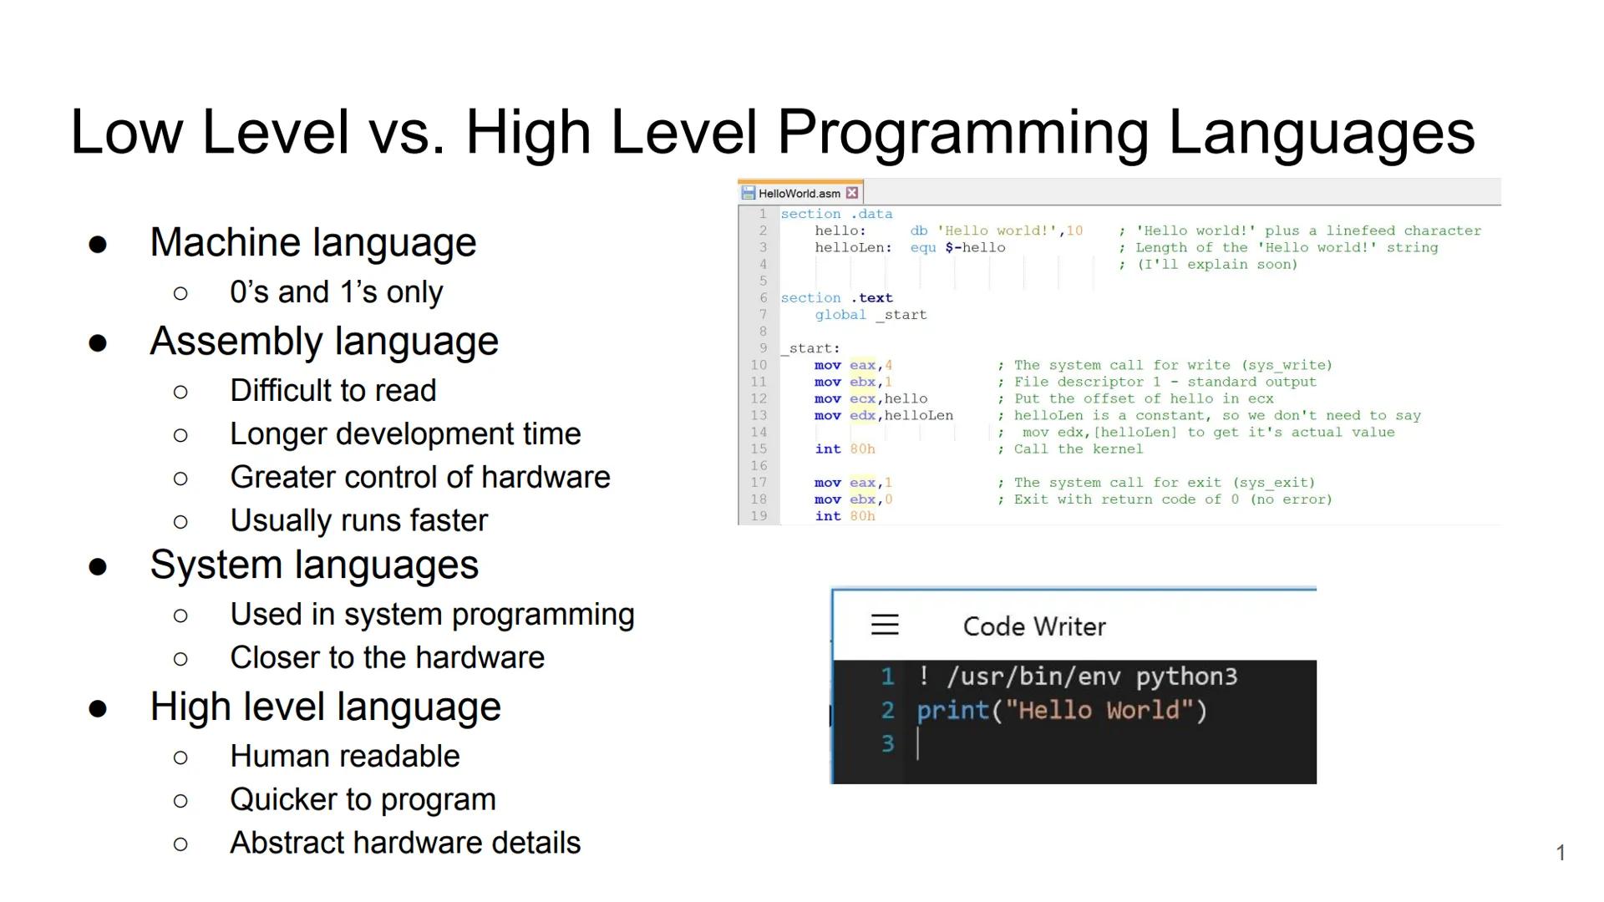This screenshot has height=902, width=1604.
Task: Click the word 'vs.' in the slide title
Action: (407, 132)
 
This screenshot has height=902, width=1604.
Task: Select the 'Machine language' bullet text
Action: (312, 243)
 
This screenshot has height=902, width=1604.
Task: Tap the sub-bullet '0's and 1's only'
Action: (336, 292)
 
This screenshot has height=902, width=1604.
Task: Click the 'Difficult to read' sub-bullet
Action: (332, 390)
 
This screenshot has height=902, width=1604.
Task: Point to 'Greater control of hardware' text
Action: (419, 477)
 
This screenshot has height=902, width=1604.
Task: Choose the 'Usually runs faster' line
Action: (358, 520)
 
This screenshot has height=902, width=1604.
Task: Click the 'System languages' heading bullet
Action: (313, 565)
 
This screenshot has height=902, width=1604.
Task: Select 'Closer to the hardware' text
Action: (387, 657)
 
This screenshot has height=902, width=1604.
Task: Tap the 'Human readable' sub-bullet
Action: (344, 756)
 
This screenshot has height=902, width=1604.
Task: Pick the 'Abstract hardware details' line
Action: (404, 843)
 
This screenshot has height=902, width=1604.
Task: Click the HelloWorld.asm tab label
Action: (799, 194)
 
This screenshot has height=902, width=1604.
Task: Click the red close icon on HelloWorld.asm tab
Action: (852, 193)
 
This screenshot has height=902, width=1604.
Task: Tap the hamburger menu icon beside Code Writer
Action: (885, 625)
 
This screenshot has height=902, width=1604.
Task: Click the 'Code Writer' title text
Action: (1033, 626)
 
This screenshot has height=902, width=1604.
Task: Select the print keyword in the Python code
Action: (952, 711)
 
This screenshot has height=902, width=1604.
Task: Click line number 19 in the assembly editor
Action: (759, 516)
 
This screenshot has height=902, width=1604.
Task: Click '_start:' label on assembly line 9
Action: (811, 348)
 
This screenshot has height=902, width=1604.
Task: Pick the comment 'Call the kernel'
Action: (1078, 449)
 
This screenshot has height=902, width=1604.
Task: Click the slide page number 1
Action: (1560, 853)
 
